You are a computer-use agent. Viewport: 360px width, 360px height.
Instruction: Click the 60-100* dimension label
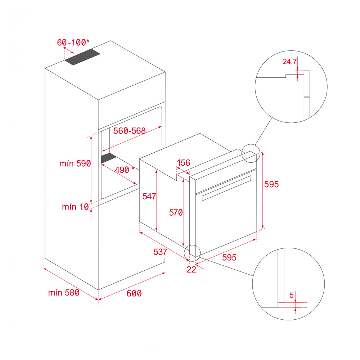pos(73,42)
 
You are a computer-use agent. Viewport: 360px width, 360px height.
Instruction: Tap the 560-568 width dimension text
pos(130,131)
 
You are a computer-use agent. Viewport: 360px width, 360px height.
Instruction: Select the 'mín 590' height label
pos(75,163)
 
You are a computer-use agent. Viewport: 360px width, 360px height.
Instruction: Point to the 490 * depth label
pos(125,170)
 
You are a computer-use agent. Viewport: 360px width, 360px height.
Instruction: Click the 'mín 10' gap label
pos(75,207)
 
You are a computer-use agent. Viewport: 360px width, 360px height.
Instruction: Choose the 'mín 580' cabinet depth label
pos(64,292)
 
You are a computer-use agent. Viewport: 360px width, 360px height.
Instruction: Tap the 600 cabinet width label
pos(134,293)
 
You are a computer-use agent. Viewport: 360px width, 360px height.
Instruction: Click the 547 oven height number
pos(149,196)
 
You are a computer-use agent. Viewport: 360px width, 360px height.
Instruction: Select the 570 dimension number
pos(176,213)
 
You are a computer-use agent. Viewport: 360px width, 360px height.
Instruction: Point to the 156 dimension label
pos(184,163)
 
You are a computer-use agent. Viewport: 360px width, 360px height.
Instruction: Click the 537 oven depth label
pos(160,252)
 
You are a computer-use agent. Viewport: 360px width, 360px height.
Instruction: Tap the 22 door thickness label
pos(191,270)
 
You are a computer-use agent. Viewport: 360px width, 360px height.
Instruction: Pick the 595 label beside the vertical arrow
pos(271,184)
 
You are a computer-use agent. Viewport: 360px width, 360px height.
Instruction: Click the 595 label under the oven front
pos(229,257)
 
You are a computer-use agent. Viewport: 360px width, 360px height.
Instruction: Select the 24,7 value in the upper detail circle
pos(290,62)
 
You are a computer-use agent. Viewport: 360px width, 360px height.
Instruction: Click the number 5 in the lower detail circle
pos(292,295)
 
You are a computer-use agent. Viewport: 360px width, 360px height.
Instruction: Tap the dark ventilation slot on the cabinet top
pos(82,57)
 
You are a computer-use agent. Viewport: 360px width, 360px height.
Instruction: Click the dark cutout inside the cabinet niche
pos(109,158)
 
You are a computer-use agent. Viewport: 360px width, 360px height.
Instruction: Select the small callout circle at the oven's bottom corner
pos(192,245)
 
